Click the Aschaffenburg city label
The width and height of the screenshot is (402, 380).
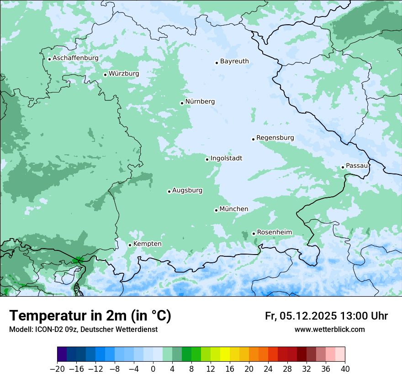(x=75, y=59)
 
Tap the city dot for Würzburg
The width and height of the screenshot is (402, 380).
(x=105, y=75)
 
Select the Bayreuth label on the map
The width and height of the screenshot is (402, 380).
(x=234, y=61)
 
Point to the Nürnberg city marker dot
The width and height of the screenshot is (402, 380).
(x=182, y=103)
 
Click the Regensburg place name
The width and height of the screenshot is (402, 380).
(x=275, y=138)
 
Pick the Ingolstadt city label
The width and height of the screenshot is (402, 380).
(x=226, y=158)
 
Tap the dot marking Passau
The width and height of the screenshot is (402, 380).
(x=343, y=167)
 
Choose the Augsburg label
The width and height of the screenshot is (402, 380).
(x=187, y=190)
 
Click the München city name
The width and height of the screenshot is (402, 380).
(x=234, y=209)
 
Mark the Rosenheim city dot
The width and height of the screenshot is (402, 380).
(x=254, y=233)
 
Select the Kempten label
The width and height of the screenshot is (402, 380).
(x=147, y=244)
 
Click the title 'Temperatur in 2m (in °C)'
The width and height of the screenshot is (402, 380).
(x=90, y=316)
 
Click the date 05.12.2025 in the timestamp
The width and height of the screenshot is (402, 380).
(x=308, y=316)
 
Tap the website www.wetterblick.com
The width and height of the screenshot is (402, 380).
(x=329, y=330)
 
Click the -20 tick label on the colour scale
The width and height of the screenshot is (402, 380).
(x=57, y=369)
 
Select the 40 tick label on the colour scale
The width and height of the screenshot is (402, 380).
(x=345, y=369)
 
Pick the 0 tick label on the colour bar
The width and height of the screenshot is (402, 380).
(x=153, y=369)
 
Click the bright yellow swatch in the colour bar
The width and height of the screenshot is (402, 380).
(x=225, y=354)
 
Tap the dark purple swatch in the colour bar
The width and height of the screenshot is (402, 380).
(x=62, y=354)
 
